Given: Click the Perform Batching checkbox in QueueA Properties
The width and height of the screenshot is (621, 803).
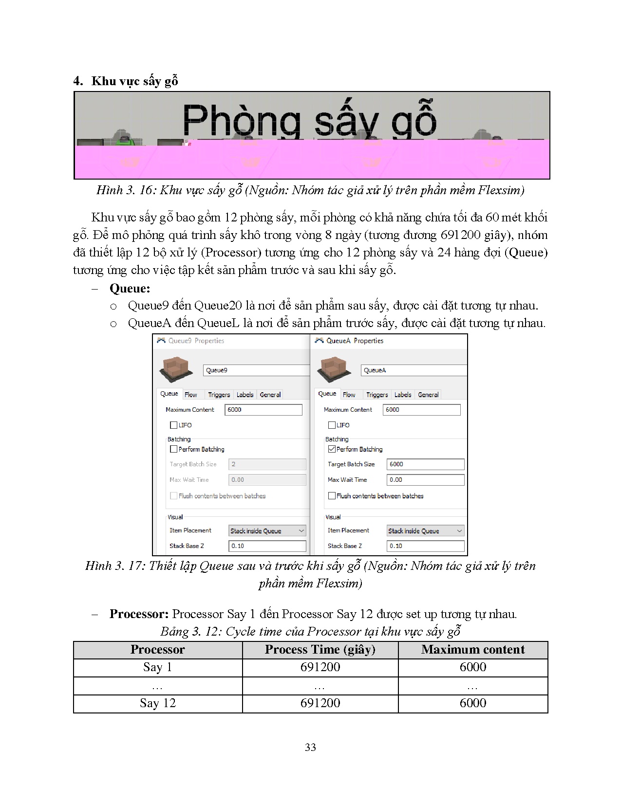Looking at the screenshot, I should [332, 449].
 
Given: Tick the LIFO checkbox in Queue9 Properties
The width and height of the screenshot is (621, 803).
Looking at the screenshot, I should [174, 425].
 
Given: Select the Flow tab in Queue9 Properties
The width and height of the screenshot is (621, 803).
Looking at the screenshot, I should [191, 395].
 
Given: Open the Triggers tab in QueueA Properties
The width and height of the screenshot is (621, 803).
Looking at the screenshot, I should [377, 395].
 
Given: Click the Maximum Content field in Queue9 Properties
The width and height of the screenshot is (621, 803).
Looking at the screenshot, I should [263, 410].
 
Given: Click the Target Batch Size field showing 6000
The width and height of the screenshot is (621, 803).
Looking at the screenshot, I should [425, 464].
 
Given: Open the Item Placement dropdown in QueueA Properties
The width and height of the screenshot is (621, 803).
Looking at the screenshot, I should [425, 531].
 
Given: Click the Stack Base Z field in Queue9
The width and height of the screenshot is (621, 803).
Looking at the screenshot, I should [267, 546].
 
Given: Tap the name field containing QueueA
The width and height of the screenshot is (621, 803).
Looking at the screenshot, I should [413, 370].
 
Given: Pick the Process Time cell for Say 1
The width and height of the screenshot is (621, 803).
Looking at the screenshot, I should [320, 667].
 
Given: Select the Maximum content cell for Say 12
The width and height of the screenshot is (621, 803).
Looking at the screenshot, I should [472, 703].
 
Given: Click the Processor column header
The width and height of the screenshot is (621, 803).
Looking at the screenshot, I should [157, 650].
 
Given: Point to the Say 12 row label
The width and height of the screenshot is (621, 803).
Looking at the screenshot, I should [157, 703].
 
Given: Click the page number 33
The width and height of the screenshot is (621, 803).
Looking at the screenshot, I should [310, 748].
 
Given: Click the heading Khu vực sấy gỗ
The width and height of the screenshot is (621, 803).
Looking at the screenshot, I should [134, 81].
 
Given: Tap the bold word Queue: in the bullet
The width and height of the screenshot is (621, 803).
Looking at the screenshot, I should [130, 289].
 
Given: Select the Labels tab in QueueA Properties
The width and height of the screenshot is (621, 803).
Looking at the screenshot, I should [403, 395].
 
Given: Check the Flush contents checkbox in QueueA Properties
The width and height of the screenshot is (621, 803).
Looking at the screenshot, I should [332, 496].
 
